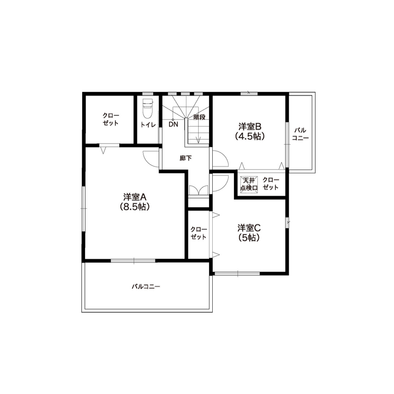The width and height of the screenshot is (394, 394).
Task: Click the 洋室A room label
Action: [135, 197]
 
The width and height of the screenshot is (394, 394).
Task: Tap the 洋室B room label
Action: [249, 127]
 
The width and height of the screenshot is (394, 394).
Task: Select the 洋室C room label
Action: [249, 228]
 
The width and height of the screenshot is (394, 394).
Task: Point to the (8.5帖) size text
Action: [135, 207]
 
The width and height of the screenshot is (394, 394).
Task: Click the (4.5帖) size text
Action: [249, 136]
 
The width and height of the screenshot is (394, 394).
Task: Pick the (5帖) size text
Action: [249, 237]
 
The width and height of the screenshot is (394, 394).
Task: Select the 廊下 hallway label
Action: [185, 159]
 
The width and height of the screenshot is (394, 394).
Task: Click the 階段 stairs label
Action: [200, 117]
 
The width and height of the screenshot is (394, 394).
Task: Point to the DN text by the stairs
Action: [173, 125]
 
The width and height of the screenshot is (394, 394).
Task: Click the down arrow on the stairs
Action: [199, 139]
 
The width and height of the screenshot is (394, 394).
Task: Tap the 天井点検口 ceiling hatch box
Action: [248, 184]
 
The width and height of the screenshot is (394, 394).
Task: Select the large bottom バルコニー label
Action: [146, 286]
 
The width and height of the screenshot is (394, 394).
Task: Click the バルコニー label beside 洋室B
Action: [300, 134]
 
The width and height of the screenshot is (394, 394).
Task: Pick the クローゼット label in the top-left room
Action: [111, 119]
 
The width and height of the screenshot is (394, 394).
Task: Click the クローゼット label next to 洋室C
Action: [199, 233]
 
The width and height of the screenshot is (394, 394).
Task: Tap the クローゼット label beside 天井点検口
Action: [270, 184]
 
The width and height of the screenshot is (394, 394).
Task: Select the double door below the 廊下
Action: [198, 189]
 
